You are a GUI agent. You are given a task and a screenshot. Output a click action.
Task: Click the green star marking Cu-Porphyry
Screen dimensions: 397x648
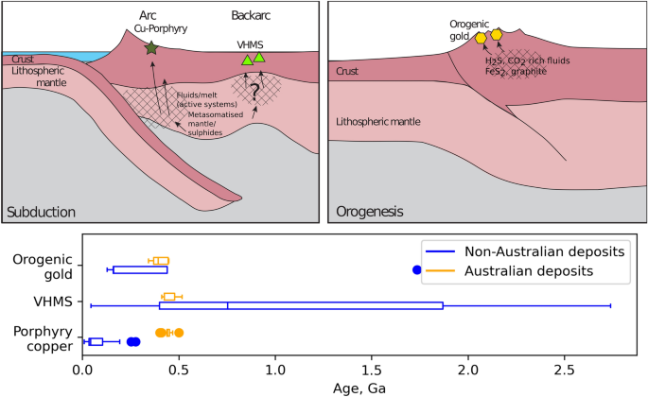[x=150, y=47]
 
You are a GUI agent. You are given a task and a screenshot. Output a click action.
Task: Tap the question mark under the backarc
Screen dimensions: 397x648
[x=254, y=91]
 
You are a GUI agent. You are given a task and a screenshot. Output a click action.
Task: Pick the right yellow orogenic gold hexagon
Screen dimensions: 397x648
[x=497, y=34]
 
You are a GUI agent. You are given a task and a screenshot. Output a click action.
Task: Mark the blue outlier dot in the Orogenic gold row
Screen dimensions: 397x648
[x=417, y=270]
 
